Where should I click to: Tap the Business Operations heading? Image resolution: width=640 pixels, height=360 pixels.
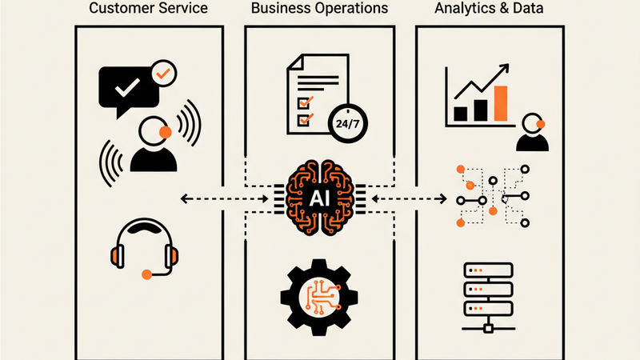[319, 10]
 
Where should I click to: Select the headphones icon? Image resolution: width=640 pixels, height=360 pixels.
[144, 244]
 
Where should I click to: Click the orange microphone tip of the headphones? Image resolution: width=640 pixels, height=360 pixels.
[146, 274]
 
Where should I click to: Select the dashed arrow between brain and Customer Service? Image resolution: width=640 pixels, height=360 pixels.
[224, 198]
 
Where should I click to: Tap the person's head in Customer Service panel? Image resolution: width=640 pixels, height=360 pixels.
[152, 130]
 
